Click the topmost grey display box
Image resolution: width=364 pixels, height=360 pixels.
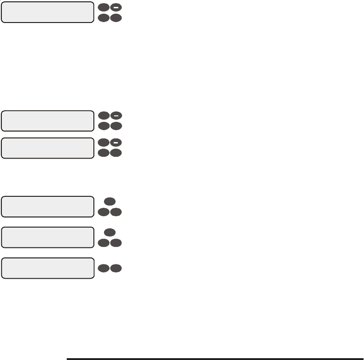(x=47, y=12)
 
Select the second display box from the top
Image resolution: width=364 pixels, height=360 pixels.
(x=47, y=120)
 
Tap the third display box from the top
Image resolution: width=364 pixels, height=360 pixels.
(x=47, y=148)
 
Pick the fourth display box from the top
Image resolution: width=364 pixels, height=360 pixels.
(x=47, y=207)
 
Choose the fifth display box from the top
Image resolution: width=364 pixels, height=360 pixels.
(x=47, y=237)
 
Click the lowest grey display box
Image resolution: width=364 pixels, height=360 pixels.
(x=47, y=268)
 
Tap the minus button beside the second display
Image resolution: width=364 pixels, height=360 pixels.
(x=116, y=115)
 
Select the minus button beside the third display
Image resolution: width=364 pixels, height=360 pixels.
(x=116, y=143)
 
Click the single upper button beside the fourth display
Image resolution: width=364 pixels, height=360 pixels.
(x=110, y=201)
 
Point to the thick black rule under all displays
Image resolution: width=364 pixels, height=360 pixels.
(x=215, y=358)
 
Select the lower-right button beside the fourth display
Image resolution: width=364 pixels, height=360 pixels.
(x=116, y=212)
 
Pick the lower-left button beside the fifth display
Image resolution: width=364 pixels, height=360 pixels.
(x=104, y=242)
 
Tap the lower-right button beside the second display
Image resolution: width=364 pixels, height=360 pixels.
(x=116, y=125)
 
